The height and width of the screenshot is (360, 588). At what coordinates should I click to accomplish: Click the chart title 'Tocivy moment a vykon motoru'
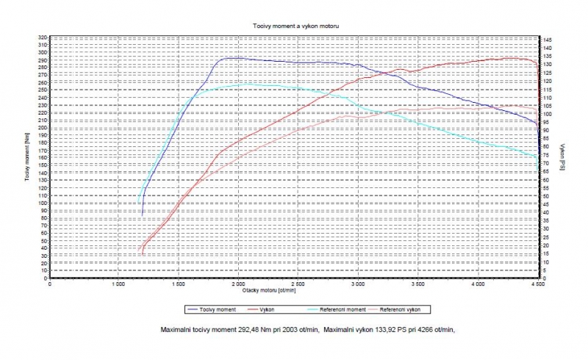pyautogui.click(x=294, y=26)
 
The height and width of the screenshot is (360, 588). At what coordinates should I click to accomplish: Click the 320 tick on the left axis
pyautogui.click(x=43, y=37)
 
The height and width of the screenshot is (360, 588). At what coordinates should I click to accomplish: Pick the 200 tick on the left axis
pyautogui.click(x=43, y=128)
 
